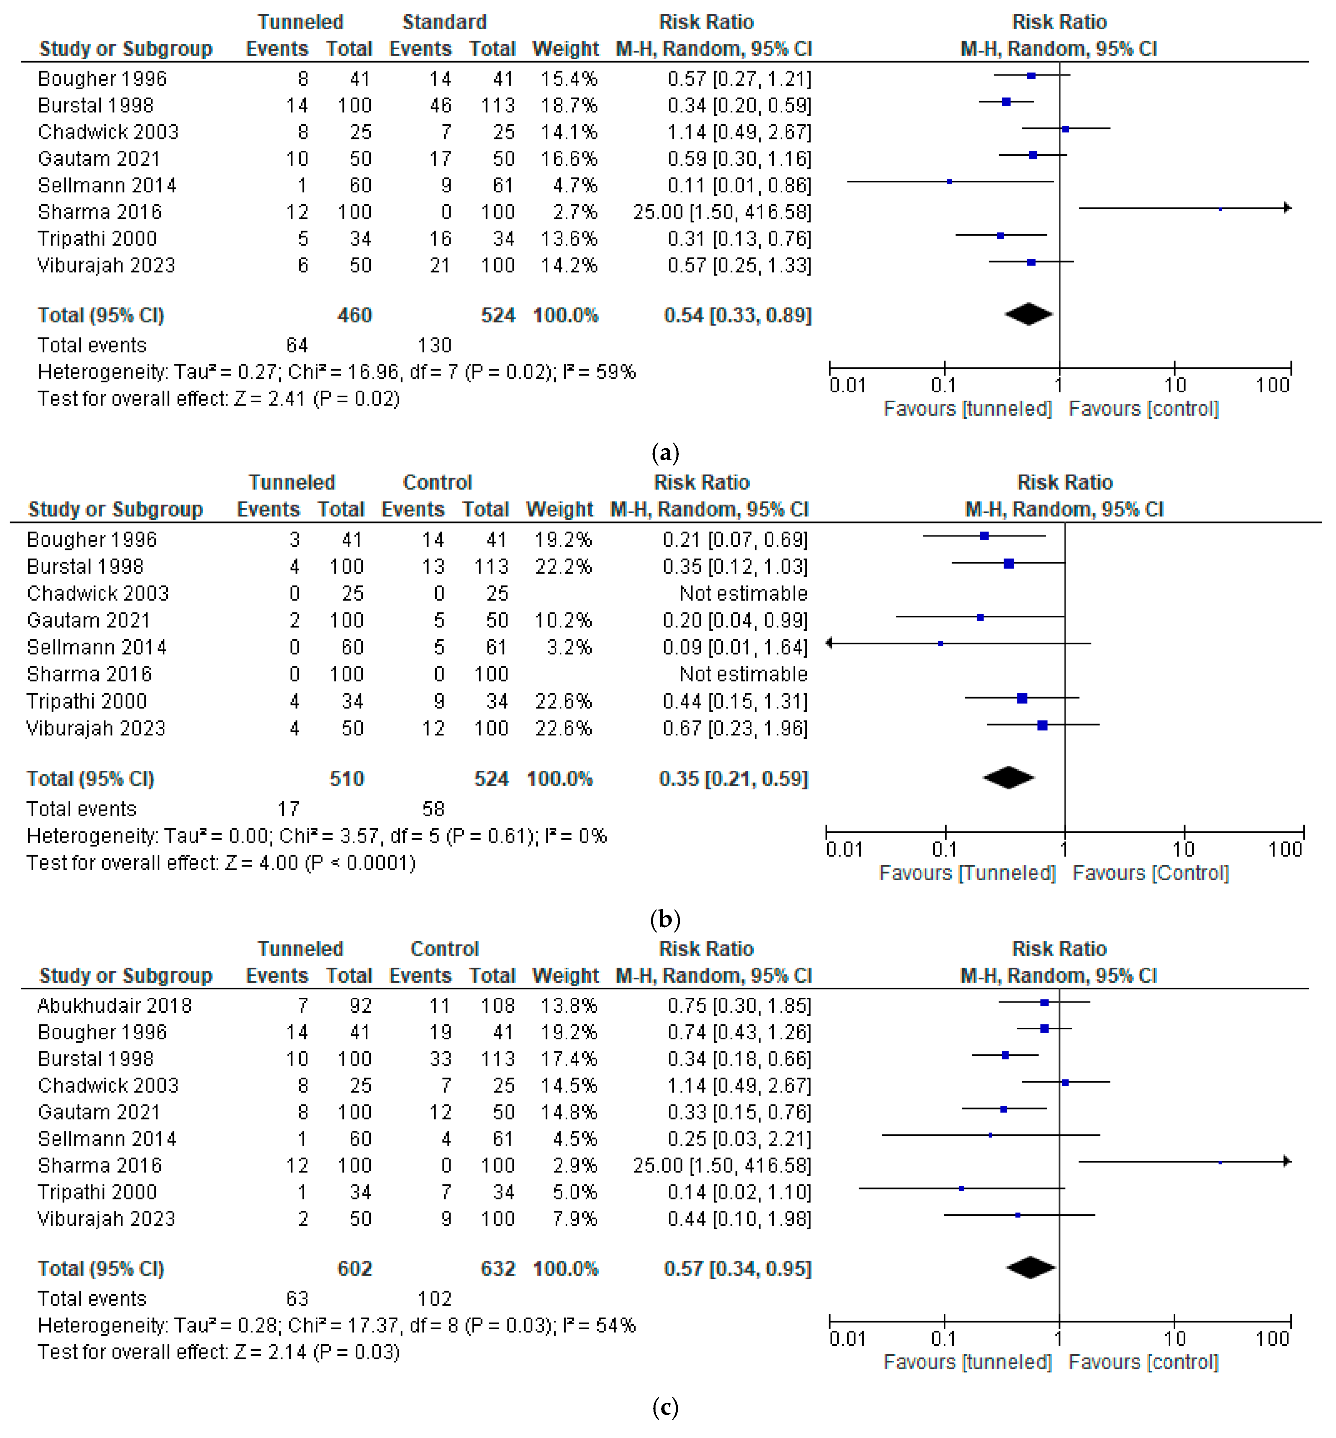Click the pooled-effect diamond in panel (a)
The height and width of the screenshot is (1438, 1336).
pos(1028,314)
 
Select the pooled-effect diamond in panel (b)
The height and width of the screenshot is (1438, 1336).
pos(1009,778)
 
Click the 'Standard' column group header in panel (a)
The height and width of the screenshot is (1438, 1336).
pos(444,22)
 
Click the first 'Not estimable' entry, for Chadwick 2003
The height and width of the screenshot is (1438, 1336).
pos(743,594)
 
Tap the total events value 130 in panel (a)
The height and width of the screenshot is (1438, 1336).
pos(435,345)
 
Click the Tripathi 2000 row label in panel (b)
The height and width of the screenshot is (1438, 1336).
pos(87,701)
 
